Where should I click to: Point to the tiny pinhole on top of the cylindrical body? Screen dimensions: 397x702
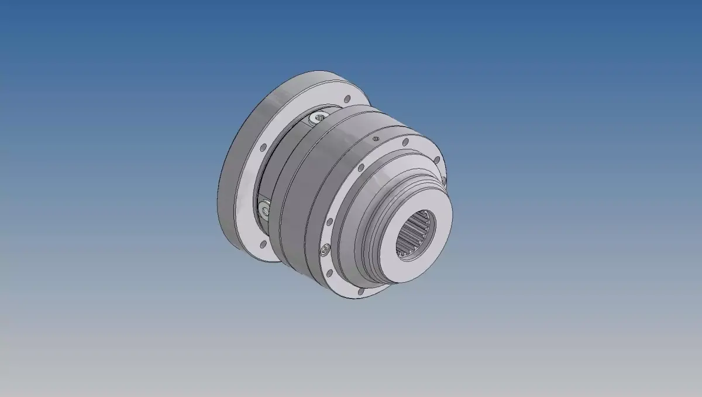(375, 139)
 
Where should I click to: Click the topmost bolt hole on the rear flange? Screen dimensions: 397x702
(347, 99)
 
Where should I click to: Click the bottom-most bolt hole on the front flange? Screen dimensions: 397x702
(361, 289)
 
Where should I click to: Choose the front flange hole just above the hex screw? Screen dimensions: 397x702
(330, 222)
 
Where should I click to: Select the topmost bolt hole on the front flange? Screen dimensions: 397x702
(405, 142)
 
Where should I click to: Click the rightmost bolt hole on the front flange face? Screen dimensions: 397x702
(436, 159)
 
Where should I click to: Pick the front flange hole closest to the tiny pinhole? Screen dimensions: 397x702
(405, 142)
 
